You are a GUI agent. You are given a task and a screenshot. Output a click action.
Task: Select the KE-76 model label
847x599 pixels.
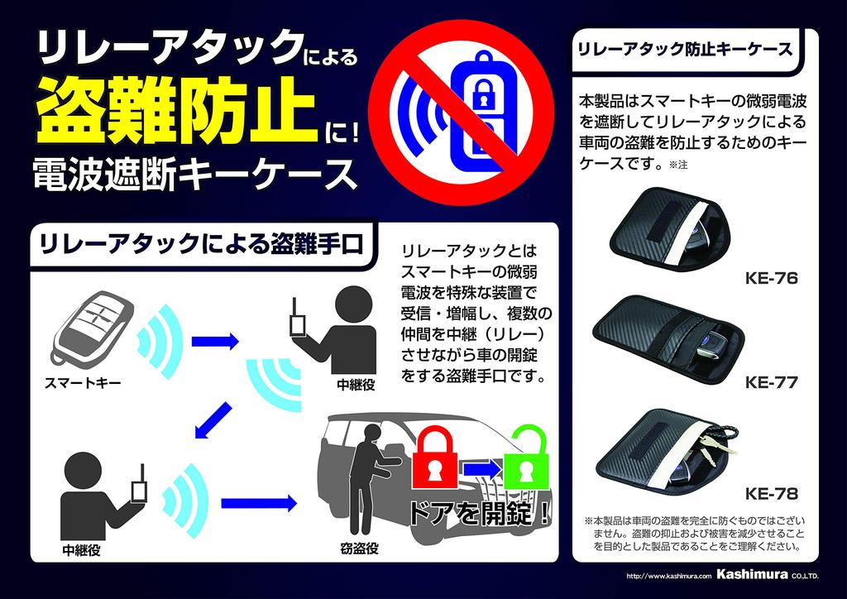point(771,279)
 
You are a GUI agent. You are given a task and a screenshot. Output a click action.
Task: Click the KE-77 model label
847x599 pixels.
point(771,382)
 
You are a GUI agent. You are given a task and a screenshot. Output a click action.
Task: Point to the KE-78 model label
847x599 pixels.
point(771,495)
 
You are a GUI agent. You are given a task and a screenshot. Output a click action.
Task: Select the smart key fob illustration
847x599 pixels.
point(90,327)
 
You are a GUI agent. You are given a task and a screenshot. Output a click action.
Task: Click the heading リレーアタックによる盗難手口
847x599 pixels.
point(199,243)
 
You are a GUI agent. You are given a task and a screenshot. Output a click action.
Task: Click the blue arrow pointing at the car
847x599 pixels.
point(258,501)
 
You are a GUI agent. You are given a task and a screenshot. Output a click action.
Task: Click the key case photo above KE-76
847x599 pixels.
point(672,232)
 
